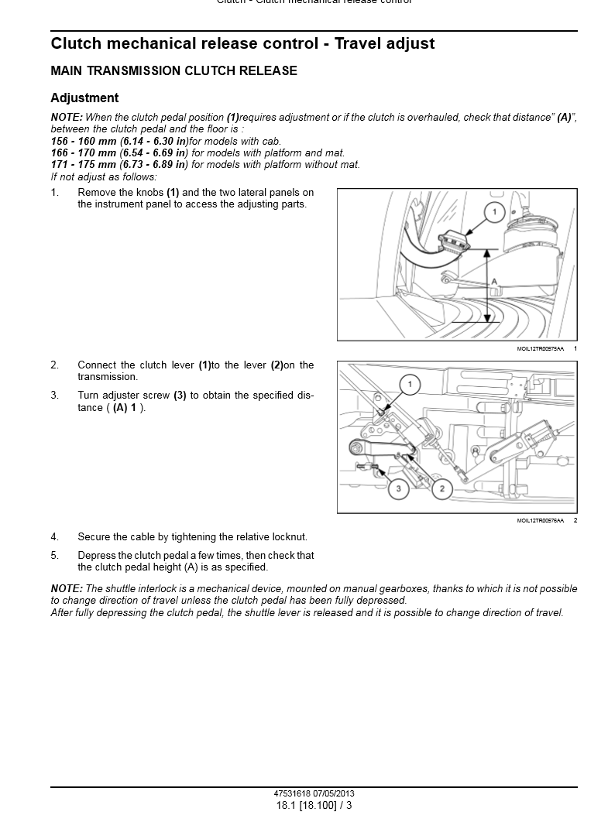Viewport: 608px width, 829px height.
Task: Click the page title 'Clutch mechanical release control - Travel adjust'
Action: pos(242,44)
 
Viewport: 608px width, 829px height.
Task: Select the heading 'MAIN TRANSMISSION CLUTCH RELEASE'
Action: pos(173,71)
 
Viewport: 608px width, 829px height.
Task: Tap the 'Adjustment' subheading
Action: pos(84,98)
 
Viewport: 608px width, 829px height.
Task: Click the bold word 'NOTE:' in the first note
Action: pos(67,118)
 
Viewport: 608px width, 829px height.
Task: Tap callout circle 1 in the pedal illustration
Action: pos(494,211)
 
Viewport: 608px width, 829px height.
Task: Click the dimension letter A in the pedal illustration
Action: pos(493,283)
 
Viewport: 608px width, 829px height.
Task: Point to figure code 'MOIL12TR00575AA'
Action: pos(541,349)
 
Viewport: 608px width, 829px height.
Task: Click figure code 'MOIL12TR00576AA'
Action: pos(541,521)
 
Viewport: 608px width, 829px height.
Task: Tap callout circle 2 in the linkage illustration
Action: pos(442,488)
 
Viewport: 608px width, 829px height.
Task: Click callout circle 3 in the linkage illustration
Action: pos(398,488)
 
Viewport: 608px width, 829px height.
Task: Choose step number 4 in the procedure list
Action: pos(54,537)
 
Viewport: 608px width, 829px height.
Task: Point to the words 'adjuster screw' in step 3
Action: pos(136,396)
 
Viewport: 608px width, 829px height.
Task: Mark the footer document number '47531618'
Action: pos(293,794)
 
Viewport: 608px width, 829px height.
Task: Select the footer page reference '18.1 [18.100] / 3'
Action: pos(314,806)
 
